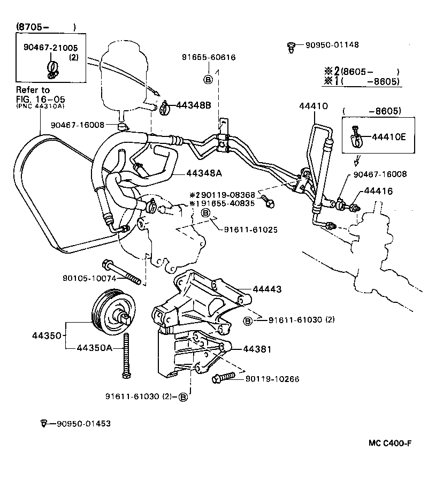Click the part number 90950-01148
coord(328,45)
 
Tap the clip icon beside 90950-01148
coord(291,47)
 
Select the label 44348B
coord(194,105)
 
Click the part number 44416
coord(378,191)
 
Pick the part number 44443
coord(266,289)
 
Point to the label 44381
coord(257,349)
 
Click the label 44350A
coord(94,348)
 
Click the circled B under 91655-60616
coord(208,80)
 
